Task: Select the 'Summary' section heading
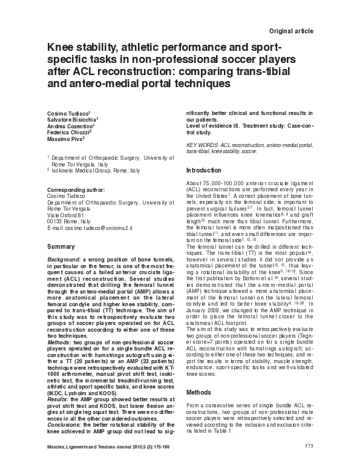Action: tap(61, 247)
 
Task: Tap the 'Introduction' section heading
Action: tap(205, 170)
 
